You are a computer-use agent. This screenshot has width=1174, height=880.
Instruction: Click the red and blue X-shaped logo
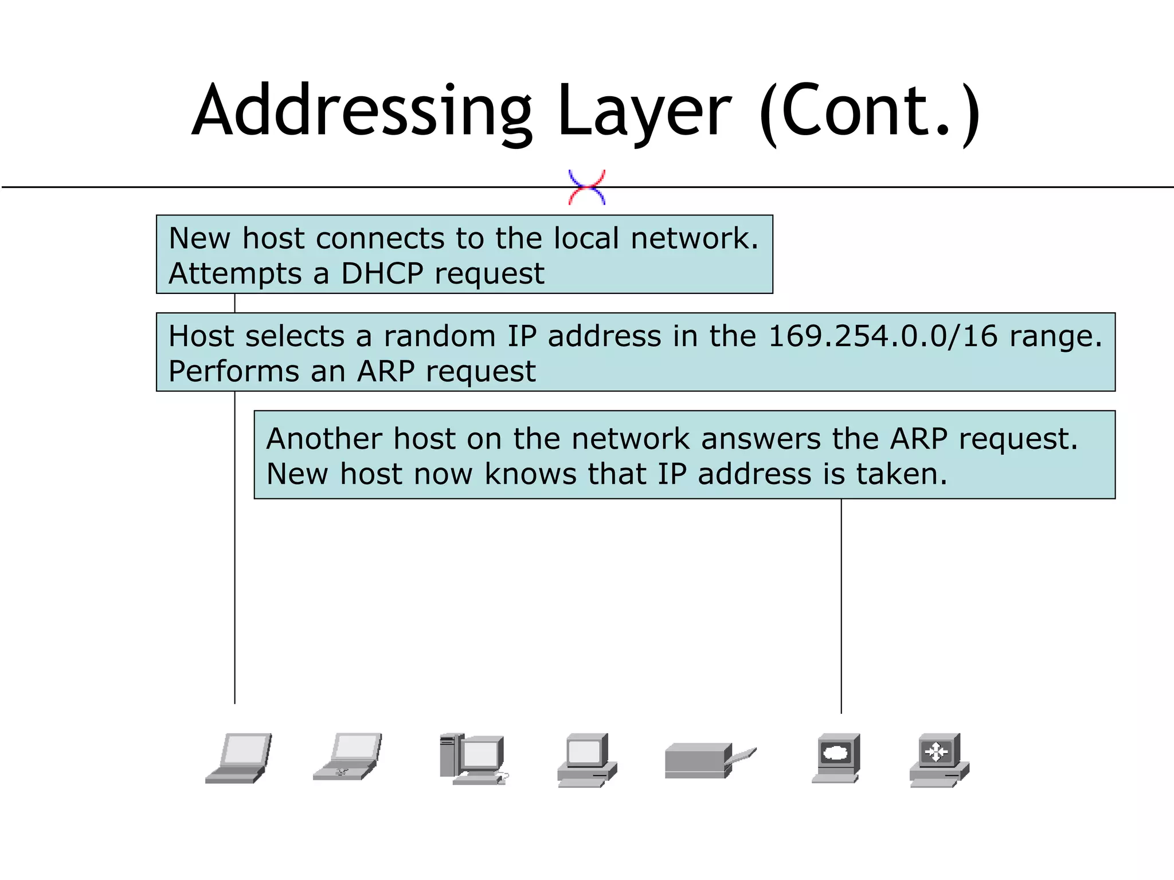(586, 187)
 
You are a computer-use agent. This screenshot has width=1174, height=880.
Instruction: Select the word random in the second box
(439, 336)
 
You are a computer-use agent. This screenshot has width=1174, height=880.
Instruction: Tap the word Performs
(233, 371)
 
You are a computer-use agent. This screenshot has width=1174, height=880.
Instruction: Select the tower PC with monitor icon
(473, 758)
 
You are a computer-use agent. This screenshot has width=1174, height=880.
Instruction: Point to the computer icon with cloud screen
(836, 757)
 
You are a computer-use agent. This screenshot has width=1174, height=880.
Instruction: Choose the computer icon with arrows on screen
(938, 760)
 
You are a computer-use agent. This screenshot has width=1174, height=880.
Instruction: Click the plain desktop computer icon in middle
(587, 760)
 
